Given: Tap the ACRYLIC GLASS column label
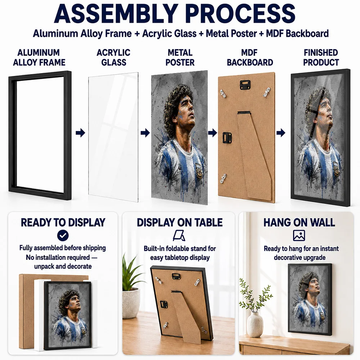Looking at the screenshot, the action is (113, 57).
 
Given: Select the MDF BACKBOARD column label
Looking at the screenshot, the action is (250, 57).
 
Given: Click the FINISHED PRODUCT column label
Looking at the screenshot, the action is (321, 57).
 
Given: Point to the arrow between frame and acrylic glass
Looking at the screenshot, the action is (80, 133).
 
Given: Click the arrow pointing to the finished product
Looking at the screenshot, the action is (281, 133).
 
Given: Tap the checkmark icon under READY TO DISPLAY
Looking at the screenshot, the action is (63, 235).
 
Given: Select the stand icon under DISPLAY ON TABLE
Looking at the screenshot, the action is (179, 235).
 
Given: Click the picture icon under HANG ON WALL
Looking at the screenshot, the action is (299, 235).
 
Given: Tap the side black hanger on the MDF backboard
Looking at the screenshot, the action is (227, 138).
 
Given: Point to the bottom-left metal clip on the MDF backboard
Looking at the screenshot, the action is (224, 178).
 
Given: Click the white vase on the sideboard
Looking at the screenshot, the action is (255, 325).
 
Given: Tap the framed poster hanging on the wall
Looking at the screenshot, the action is (310, 300).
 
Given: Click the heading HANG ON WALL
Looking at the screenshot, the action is (299, 222).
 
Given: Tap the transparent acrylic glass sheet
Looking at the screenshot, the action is (113, 137).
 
